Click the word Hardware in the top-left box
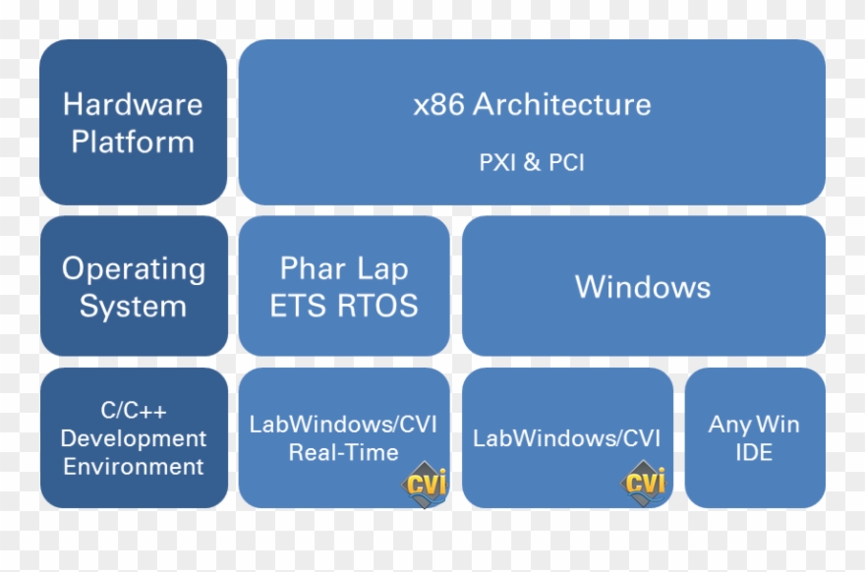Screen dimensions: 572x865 [133, 104]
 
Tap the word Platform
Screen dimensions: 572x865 [133, 142]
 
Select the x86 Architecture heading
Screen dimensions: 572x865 [532, 105]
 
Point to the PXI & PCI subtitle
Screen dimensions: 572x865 [532, 162]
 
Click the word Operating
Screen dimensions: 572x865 [134, 269]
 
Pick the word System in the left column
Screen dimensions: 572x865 [133, 307]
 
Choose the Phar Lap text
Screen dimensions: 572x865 [344, 268]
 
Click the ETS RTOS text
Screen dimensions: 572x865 [344, 306]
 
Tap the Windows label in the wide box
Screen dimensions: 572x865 [643, 287]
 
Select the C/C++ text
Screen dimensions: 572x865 [134, 411]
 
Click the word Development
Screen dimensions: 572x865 [134, 438]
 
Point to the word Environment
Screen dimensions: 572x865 [134, 466]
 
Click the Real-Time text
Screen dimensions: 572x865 [344, 453]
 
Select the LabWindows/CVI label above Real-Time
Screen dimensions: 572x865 [344, 425]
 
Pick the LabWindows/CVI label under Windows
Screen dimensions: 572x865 [567, 438]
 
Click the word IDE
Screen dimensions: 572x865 [754, 453]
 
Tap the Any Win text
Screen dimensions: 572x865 [754, 425]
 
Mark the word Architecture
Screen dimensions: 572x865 [562, 105]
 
